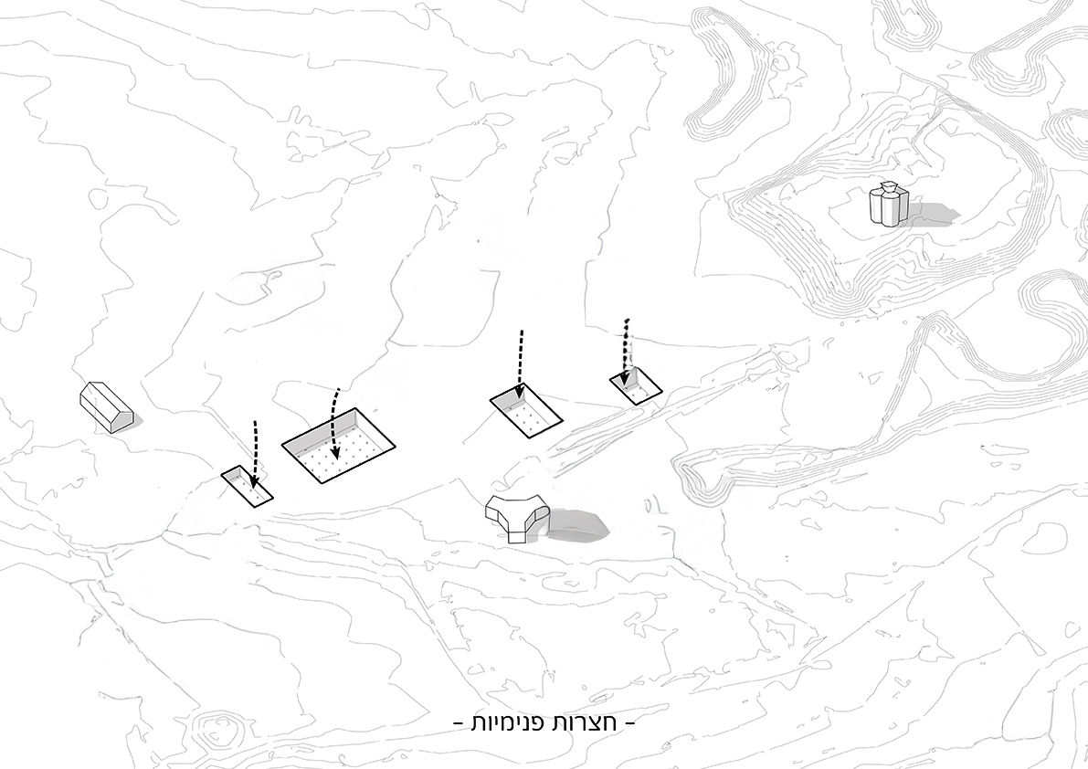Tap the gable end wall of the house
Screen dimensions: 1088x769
pos(122,417)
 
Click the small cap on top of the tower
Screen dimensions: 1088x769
pos(889,187)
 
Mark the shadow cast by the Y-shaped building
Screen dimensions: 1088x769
pos(578,523)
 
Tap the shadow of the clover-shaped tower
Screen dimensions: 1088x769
pos(934,214)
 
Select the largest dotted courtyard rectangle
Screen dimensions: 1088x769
pos(339,445)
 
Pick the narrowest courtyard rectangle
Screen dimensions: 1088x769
pos(247,487)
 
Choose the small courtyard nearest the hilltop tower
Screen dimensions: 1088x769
pos(636,385)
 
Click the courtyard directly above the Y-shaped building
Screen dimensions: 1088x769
pos(526,411)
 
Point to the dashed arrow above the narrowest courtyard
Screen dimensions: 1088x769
pos(255,454)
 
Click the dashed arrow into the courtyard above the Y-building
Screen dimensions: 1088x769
pos(521,365)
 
